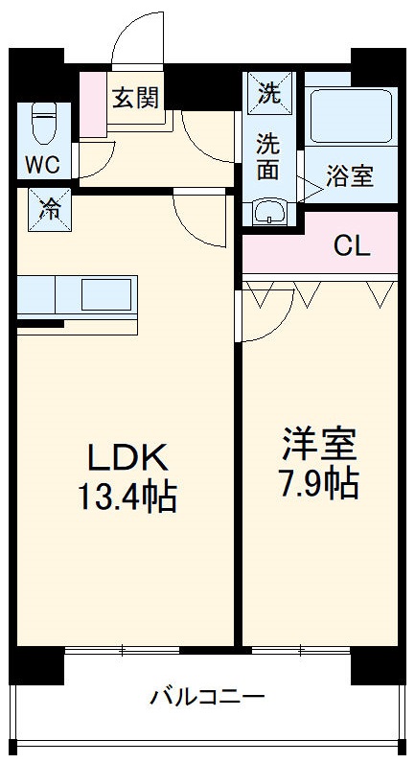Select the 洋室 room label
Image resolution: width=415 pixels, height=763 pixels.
point(319,444)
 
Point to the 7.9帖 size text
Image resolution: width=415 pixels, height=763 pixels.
point(319,484)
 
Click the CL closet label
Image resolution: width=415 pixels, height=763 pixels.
point(351,246)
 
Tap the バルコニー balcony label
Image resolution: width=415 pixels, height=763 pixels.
point(206,697)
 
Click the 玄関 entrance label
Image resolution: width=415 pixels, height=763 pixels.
point(135,97)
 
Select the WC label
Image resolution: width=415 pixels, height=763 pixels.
point(42,164)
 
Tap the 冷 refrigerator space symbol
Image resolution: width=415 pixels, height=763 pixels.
point(48,207)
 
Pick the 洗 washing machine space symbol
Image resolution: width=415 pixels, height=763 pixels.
point(270,93)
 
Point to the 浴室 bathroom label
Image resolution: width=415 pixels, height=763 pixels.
point(349,176)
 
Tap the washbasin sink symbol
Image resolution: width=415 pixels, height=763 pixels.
point(270,211)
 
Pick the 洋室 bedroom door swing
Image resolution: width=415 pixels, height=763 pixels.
point(266,312)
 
